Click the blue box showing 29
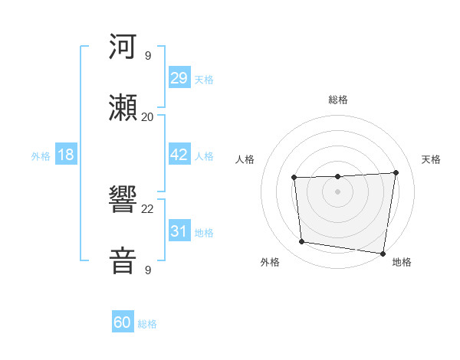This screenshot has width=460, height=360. point(179,78)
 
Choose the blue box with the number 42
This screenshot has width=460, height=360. point(179,155)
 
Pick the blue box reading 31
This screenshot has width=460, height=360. point(179,231)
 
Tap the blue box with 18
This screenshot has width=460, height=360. point(66,155)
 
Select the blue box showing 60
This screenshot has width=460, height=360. point(123,322)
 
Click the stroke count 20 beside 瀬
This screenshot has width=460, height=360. point(148,116)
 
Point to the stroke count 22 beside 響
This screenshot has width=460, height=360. point(148,208)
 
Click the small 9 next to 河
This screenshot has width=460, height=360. point(148,55)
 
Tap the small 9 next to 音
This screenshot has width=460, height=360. point(148,270)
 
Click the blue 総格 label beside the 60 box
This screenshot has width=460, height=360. point(147,324)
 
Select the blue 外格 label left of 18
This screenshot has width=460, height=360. point(41,156)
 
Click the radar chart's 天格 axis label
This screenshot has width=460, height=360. point(432,159)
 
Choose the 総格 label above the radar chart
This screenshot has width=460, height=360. point(338,100)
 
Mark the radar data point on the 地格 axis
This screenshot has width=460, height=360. point(383,254)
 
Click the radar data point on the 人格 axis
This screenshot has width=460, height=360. point(294,178)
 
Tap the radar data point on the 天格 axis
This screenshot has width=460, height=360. point(396,172)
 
